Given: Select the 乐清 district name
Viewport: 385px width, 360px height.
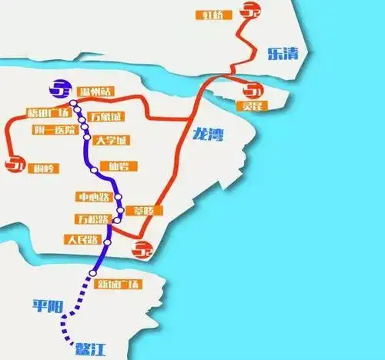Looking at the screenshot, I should tap(281, 53).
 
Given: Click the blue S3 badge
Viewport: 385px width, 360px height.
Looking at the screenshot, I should tap(59, 90).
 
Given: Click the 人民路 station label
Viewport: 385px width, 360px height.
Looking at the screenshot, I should tap(83, 239).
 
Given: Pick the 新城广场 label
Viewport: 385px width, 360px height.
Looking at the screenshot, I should tap(119, 284).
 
